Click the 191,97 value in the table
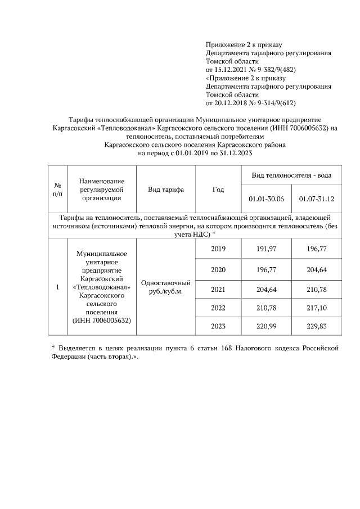tap(266, 249)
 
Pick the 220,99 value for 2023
tap(266, 326)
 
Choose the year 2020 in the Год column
tap(218, 269)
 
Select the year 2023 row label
tap(218, 326)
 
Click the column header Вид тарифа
tap(166, 190)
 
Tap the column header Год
tap(218, 190)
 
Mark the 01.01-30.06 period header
tap(266, 199)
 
